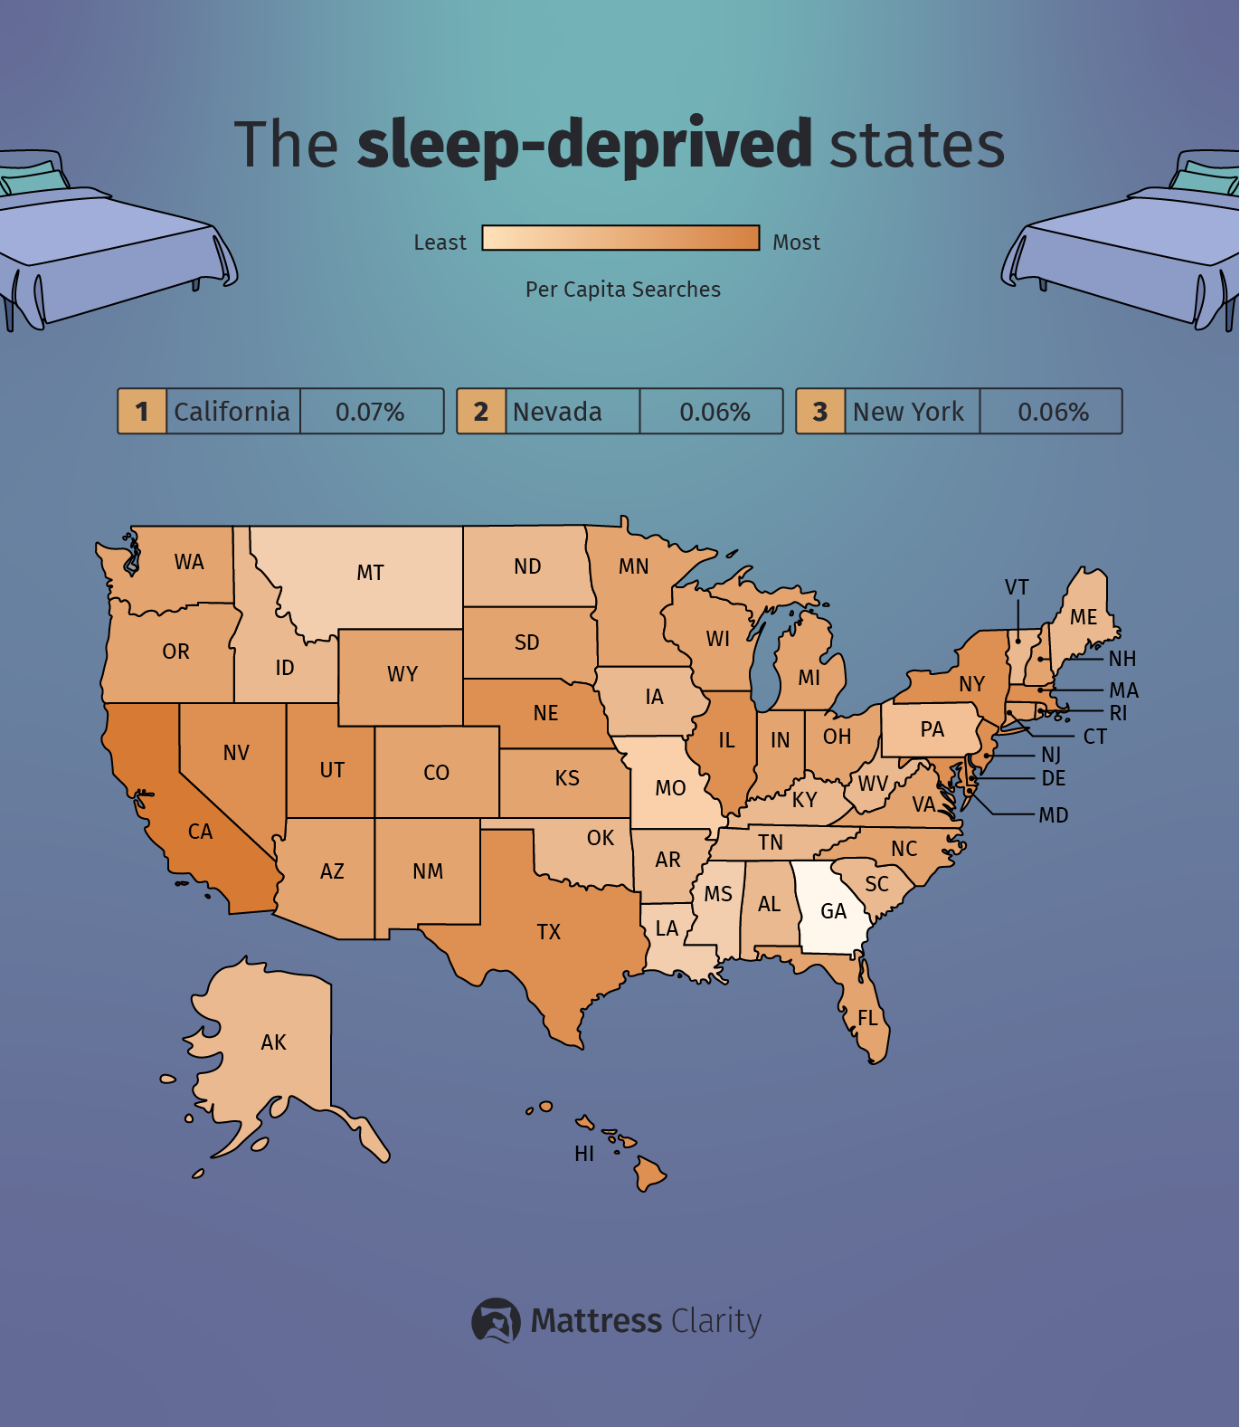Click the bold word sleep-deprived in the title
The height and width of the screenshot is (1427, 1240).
[585, 145]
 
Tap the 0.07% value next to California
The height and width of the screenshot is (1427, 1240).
[370, 412]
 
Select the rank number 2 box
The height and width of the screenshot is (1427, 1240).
[480, 412]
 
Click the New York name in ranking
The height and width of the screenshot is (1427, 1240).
[908, 412]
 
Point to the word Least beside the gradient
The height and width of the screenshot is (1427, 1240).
[440, 243]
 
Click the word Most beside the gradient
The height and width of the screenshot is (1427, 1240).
[796, 243]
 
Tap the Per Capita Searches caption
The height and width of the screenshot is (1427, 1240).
[623, 290]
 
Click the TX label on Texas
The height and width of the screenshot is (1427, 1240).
[549, 932]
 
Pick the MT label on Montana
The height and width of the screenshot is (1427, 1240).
[370, 573]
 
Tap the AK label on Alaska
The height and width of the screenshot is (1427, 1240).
[273, 1042]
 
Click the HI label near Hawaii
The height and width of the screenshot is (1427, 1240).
[584, 1154]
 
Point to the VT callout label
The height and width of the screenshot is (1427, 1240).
[1017, 587]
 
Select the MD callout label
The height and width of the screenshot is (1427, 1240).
[1054, 815]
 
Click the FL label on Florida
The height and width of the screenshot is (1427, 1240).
[868, 1019]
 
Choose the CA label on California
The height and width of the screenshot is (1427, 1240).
[200, 832]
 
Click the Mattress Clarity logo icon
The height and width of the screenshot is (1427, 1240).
[496, 1320]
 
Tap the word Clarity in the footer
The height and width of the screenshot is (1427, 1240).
[716, 1321]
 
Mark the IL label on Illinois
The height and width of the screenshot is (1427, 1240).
[726, 740]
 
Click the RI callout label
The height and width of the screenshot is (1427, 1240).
[1118, 713]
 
